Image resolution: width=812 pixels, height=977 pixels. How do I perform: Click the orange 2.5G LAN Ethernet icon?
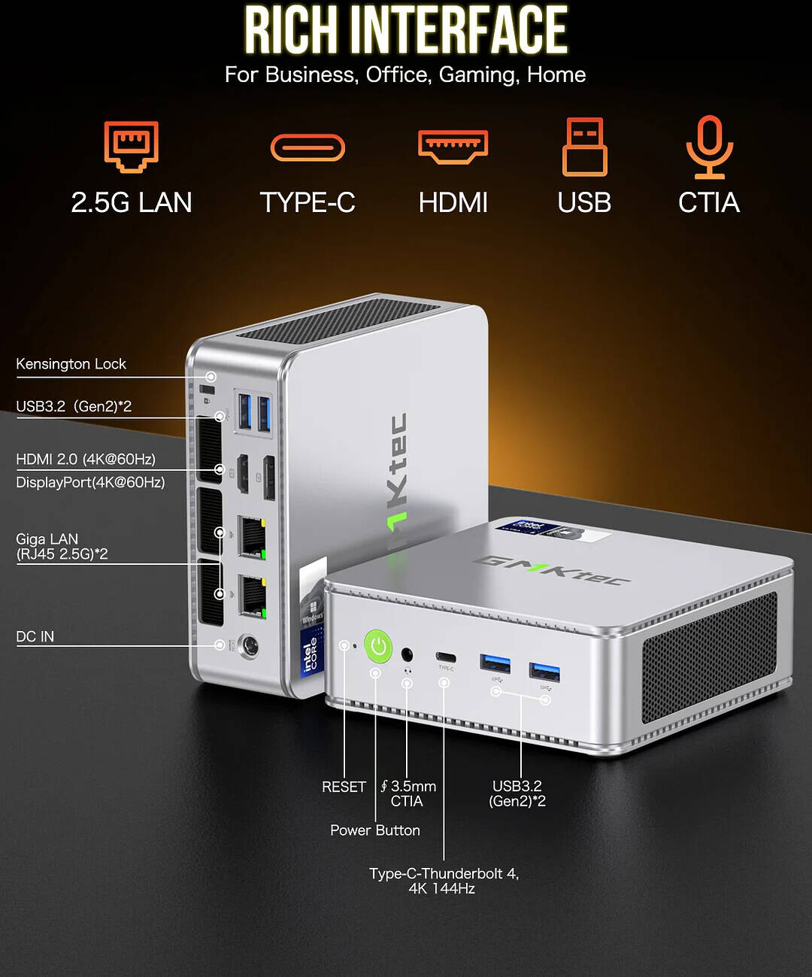132,146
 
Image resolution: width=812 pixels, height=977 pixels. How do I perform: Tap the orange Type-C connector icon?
308,147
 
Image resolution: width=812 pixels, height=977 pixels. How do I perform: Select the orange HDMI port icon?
453,146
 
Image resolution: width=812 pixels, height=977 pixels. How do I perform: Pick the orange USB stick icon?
584,147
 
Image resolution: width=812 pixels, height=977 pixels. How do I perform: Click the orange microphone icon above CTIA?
709,147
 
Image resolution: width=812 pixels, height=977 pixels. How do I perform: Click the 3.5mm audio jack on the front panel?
408,654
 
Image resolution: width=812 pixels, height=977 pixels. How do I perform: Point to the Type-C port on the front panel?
446,658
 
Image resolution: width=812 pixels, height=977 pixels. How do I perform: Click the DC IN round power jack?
247,646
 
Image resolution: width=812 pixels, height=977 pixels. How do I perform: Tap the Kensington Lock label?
71,364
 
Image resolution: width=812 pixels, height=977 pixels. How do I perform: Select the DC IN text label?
35,637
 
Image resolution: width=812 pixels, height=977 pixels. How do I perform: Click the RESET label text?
344,787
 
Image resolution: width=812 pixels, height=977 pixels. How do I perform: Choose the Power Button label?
375,830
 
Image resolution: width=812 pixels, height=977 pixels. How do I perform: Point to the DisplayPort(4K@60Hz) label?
90,482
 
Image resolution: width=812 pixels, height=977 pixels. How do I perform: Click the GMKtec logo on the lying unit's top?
551,569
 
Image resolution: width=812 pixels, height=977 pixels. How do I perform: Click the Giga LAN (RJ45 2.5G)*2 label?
62,547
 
